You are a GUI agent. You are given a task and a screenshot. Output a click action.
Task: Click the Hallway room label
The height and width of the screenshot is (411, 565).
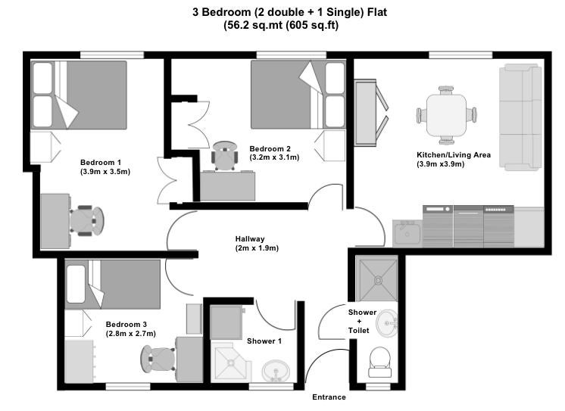point(250,239)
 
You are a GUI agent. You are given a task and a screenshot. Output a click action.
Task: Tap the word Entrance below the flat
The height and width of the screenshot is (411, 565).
point(329,397)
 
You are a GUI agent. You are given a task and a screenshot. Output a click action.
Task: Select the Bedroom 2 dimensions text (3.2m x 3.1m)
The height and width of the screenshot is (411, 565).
point(274,157)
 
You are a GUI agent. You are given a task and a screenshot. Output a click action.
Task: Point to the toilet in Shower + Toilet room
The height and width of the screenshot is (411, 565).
point(379,362)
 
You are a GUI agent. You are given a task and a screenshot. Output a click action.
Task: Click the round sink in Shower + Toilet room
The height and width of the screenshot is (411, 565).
point(386,323)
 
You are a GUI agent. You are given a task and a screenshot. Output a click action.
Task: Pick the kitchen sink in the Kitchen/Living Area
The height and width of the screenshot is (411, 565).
point(407,233)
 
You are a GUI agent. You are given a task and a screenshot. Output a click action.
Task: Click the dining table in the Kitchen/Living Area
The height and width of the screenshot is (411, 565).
point(446,114)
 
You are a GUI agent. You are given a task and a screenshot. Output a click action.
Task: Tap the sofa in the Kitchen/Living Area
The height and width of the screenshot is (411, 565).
point(520,117)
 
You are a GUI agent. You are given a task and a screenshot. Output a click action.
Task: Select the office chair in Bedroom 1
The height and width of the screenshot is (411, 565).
point(87,220)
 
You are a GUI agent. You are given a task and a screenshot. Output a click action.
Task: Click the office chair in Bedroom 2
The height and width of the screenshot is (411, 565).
point(225,156)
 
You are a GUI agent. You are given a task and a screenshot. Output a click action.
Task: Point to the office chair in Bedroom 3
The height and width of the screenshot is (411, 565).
point(158,359)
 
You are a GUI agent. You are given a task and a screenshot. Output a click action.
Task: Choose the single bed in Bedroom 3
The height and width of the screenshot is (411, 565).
point(112,284)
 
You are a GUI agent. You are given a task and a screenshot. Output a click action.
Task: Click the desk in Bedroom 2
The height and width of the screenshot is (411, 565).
point(228,186)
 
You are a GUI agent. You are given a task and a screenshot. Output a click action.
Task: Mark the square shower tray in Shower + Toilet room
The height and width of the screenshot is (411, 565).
point(378,279)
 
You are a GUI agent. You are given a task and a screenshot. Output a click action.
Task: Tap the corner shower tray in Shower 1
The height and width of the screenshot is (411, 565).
point(231,362)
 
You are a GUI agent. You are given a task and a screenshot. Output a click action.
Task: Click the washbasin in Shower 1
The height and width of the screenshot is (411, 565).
point(276,371)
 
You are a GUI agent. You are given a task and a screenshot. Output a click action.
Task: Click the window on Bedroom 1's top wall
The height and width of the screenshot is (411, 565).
point(111,54)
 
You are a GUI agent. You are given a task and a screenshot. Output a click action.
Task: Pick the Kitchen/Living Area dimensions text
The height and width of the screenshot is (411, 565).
point(440,164)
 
